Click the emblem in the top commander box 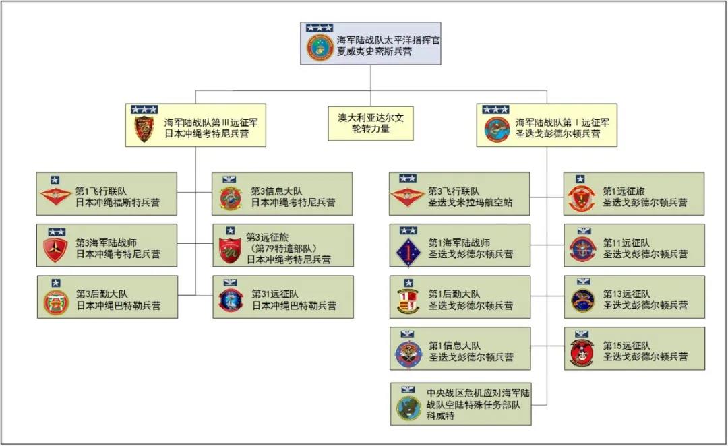tap(320, 47)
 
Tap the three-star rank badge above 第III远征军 tap(144, 110)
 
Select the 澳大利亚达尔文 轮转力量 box tap(371, 123)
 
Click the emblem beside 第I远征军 tap(497, 129)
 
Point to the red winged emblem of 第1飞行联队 tap(56, 196)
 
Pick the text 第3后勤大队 tap(102, 294)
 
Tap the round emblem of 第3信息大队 tap(231, 199)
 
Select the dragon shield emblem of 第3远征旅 tap(231, 251)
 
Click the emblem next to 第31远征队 tap(231, 300)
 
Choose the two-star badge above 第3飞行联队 tap(408, 179)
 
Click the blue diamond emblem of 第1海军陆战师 tap(408, 253)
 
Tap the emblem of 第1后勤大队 tap(408, 301)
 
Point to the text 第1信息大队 tap(454, 346)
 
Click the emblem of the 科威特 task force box tap(408, 408)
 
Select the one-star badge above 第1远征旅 tap(580, 179)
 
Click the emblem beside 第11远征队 tap(582, 249)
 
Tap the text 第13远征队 tap(626, 294)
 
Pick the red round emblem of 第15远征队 tap(582, 353)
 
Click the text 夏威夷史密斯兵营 tap(374, 52)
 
